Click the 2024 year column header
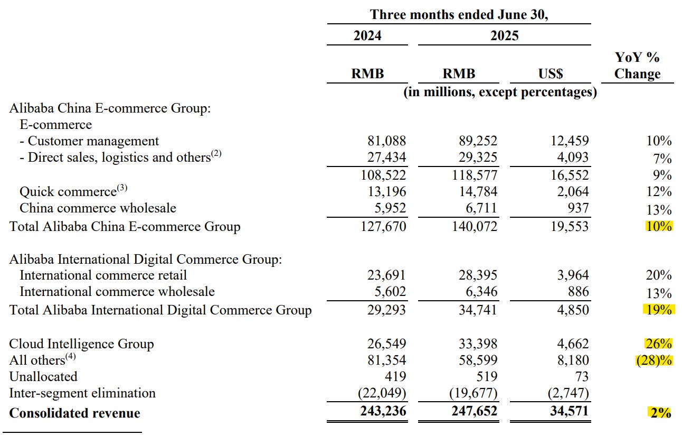[x=367, y=35]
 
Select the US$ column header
[x=550, y=73]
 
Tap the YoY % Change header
[x=637, y=66]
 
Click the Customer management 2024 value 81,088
[x=386, y=141]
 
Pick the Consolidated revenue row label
[x=74, y=413]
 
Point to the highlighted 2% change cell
[x=660, y=412]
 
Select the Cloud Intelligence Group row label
[x=81, y=344]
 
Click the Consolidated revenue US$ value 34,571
[x=569, y=411]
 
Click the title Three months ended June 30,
[x=459, y=14]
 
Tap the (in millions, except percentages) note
[x=500, y=92]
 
